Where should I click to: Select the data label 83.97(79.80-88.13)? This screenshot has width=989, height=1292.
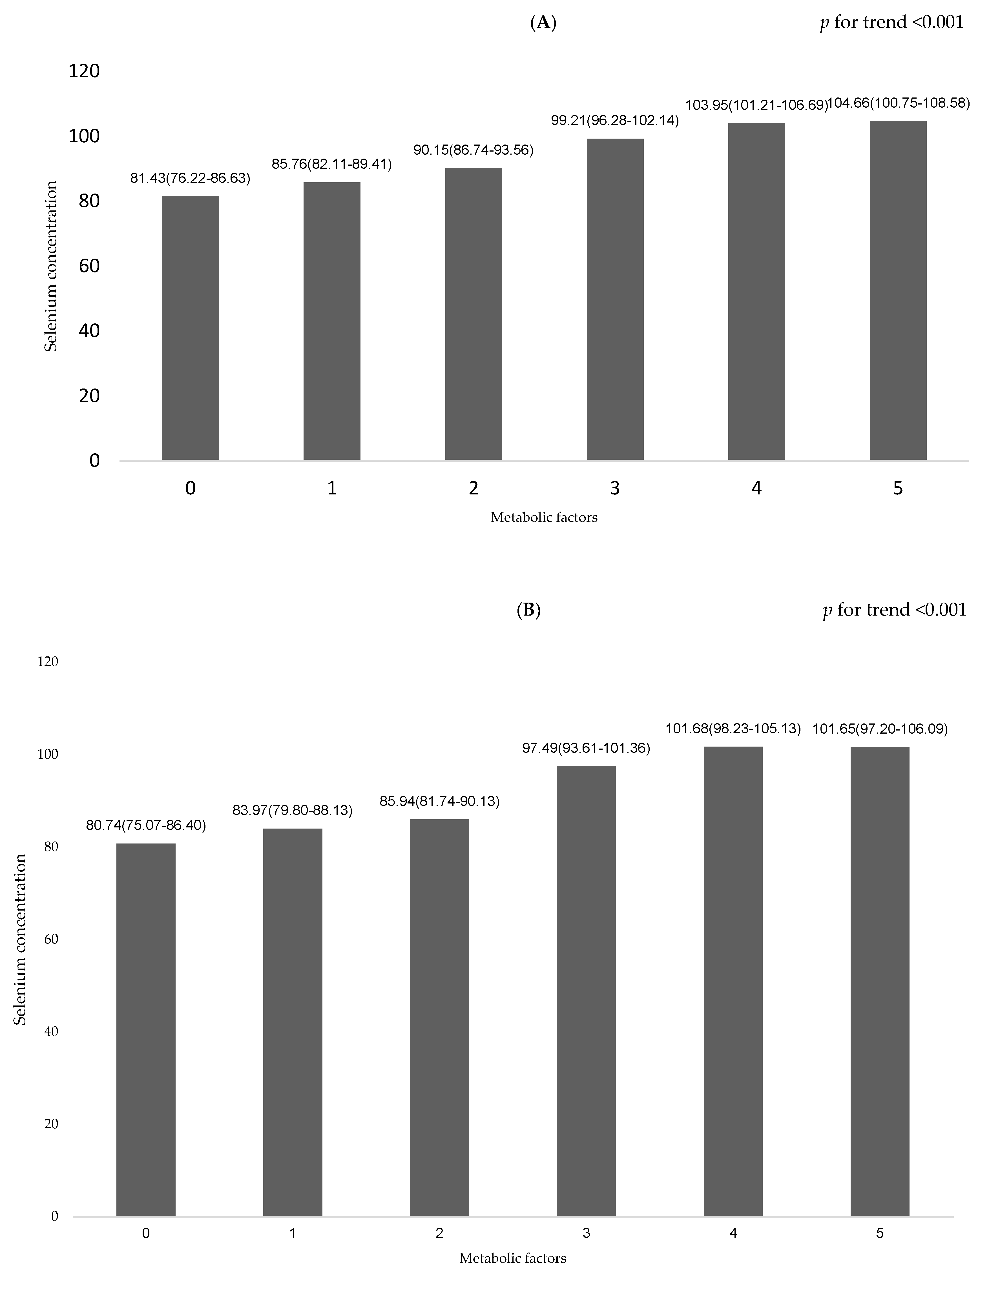point(293,811)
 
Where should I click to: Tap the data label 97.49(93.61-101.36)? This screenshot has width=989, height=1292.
point(586,748)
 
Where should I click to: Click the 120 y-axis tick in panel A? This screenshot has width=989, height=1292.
point(84,71)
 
